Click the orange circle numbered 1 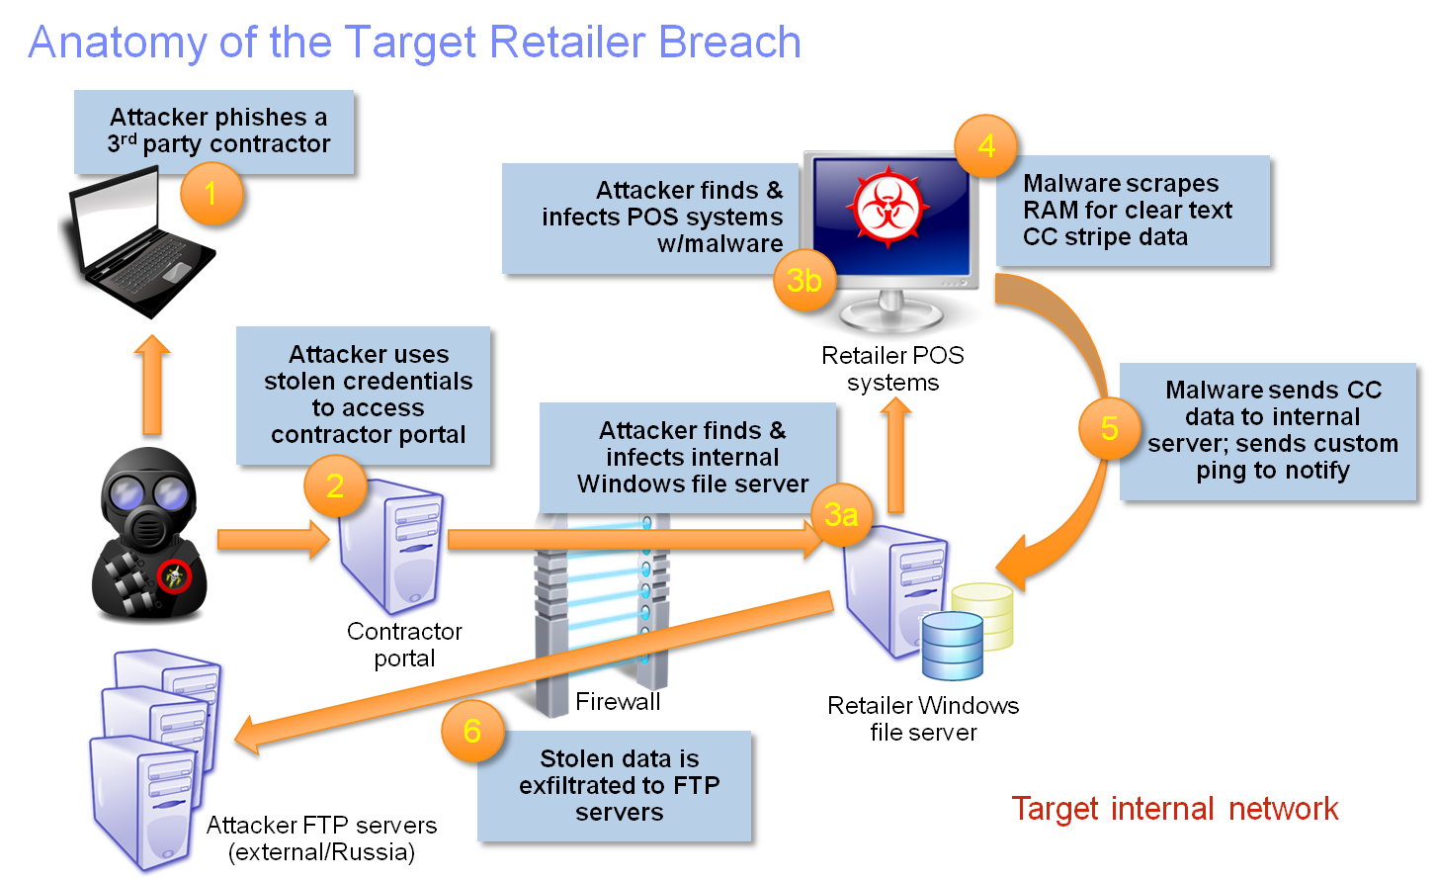point(211,193)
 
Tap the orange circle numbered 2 point(334,485)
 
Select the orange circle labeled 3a point(841,514)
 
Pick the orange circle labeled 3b point(803,281)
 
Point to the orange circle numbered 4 point(986,146)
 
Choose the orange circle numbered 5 point(1109,428)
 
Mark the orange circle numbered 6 point(471,731)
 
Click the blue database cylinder point(952,644)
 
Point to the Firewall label point(618,702)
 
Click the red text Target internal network point(1175,809)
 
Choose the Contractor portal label point(404,645)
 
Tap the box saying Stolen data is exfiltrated point(619,786)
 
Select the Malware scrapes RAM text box point(1132,211)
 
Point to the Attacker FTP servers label point(321,838)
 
